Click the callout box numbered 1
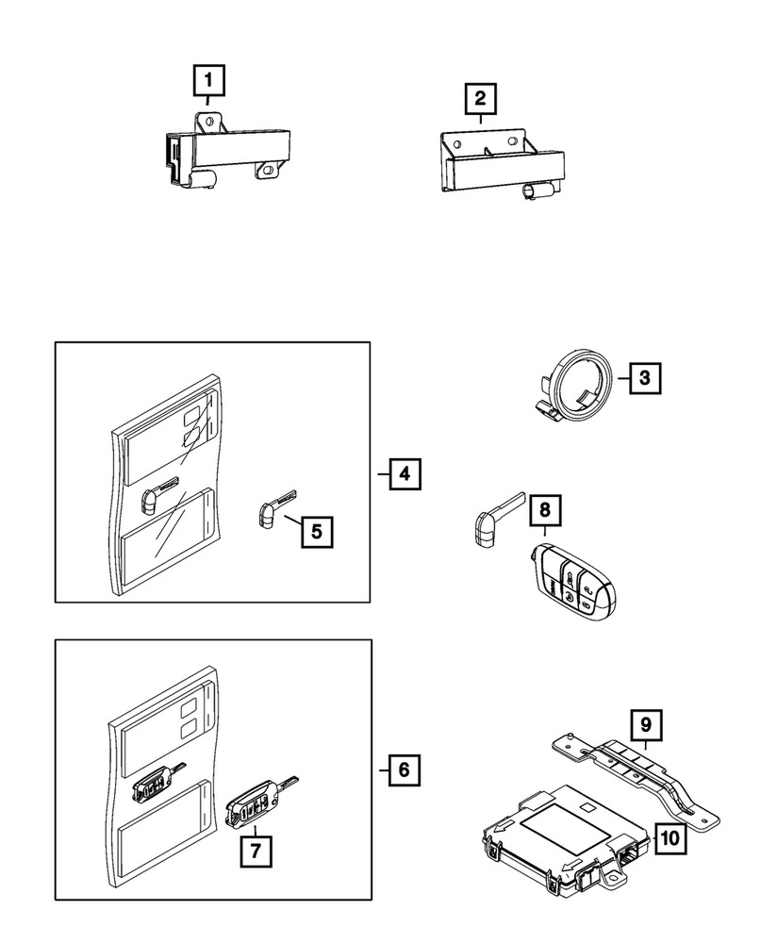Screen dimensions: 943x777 209,82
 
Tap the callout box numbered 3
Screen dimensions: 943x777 644,379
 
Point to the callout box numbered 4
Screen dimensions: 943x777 404,472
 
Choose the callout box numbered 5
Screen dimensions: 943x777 317,531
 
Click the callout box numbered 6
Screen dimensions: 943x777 404,769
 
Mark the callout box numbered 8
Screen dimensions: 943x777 545,511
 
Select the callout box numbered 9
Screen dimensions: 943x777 647,725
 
